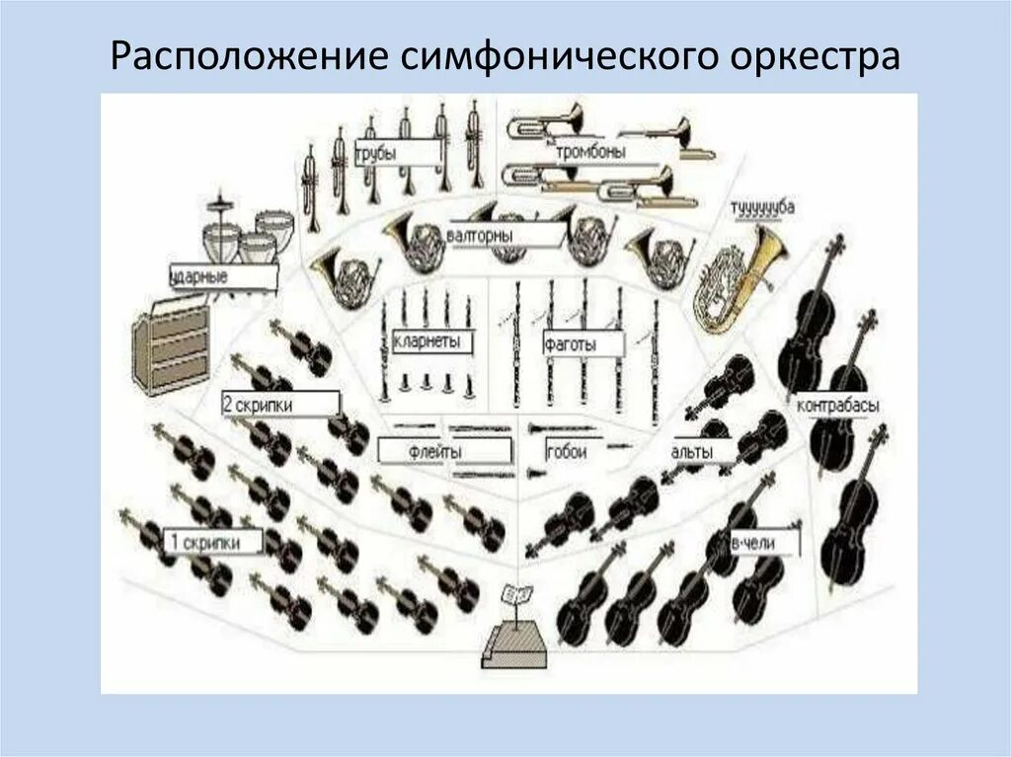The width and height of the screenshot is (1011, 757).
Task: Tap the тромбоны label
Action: (x=591, y=151)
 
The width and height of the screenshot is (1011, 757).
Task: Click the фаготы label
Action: (x=583, y=344)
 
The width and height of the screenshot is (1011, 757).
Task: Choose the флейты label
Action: (x=435, y=451)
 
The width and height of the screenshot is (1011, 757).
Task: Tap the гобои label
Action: (x=567, y=451)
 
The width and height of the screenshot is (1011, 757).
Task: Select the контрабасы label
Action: (x=838, y=406)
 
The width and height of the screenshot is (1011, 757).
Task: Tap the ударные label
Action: (x=203, y=277)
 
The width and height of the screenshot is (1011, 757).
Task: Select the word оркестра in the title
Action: (x=816, y=56)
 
